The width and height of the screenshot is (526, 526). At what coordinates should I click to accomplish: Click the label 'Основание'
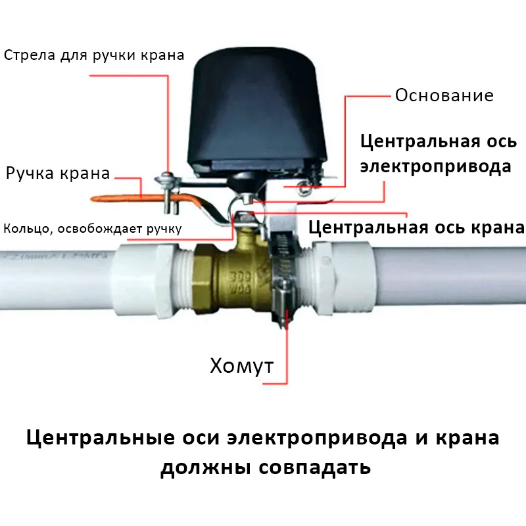click(444, 95)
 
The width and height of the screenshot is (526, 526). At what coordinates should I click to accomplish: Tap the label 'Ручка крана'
click(58, 174)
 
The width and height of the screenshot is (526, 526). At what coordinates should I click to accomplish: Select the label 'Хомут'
click(241, 366)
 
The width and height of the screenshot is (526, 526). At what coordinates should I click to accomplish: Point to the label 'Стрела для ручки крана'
click(94, 55)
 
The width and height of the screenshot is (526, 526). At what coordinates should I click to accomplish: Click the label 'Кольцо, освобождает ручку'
click(93, 229)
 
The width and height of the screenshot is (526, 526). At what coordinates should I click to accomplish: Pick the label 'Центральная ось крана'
click(417, 227)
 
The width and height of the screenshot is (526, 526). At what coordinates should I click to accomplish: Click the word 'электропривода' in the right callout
click(436, 167)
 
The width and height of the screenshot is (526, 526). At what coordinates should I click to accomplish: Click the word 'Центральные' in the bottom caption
click(101, 439)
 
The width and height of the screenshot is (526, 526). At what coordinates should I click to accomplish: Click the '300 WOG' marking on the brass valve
click(240, 283)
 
